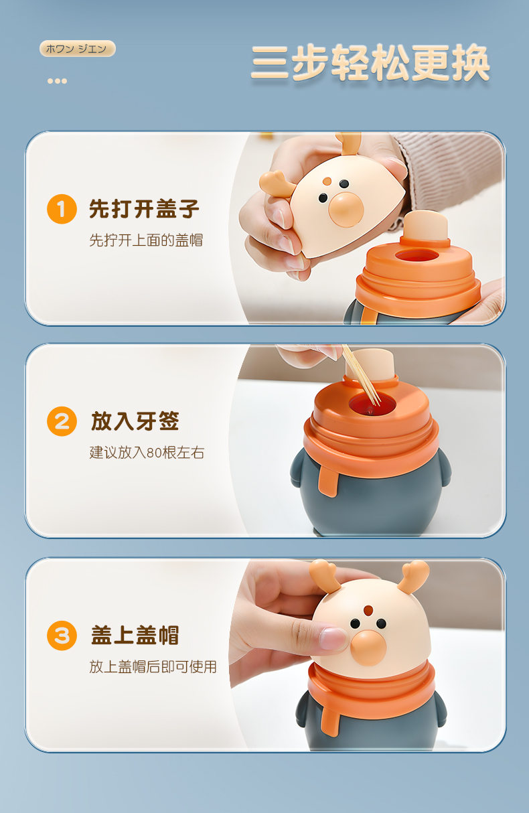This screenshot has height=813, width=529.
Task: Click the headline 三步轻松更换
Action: point(370,62)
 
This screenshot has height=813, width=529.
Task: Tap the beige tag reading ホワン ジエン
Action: point(77,49)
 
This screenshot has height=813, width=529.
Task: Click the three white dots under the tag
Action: point(58,81)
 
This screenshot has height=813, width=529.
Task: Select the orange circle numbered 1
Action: point(62,209)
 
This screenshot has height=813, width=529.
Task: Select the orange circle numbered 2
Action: point(62,421)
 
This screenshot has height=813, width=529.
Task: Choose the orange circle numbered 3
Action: point(62,636)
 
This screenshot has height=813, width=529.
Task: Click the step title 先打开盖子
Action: point(144,209)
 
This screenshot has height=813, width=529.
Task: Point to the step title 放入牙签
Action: point(135,421)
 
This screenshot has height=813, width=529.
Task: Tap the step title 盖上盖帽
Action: point(135,635)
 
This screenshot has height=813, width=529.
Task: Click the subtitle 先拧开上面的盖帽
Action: point(146,240)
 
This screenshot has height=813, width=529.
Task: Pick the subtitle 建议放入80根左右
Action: point(147,453)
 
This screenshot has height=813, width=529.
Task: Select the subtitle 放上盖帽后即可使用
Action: point(153,667)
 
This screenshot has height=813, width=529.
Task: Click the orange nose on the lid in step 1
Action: point(346,210)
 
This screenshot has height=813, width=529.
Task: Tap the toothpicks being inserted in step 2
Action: point(361,375)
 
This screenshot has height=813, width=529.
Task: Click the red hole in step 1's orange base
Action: point(417,256)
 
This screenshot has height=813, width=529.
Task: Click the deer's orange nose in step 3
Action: point(369,648)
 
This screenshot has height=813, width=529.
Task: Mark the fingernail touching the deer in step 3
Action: point(333,639)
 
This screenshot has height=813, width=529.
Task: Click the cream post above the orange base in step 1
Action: point(425,226)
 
